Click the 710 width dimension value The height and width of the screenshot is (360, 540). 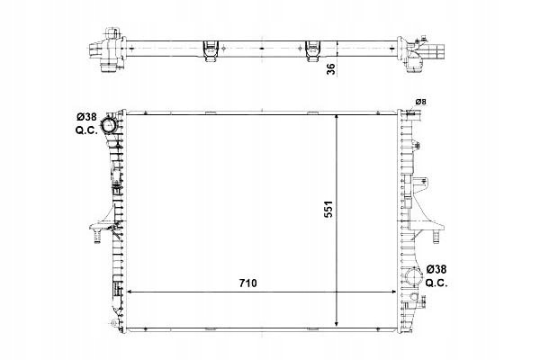point(248,283)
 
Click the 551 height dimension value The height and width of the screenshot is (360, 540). point(328,209)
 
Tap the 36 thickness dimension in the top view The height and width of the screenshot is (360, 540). point(330,69)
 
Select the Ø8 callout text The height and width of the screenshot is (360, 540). point(420,102)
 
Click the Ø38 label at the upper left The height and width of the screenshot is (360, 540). point(86,117)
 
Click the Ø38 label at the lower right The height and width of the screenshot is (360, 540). point(436,269)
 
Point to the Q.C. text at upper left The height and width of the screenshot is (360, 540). point(86,130)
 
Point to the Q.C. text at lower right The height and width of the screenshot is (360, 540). point(436,283)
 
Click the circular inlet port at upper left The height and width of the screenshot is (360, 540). point(108,125)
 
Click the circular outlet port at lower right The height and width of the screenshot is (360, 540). point(413,276)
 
